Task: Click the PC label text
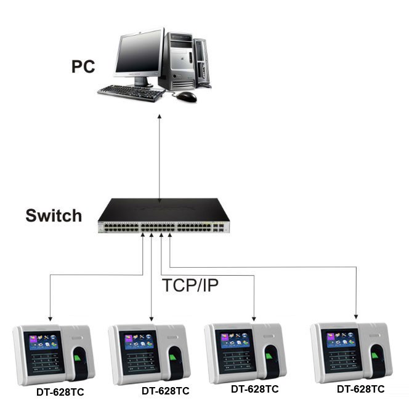[x=83, y=66]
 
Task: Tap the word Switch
[x=54, y=215]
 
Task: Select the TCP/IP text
[x=190, y=285]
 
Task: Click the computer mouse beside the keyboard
[x=186, y=97]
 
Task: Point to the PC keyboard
[x=131, y=93]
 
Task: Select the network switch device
[x=164, y=215]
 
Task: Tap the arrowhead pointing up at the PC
[x=160, y=116]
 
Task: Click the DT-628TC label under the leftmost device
[x=60, y=392]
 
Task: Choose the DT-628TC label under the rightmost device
[x=361, y=389]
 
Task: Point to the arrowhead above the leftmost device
[x=51, y=319]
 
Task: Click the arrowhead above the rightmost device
[x=356, y=317]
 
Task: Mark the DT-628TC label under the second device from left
[x=165, y=391]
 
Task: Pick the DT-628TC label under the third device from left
[x=255, y=389]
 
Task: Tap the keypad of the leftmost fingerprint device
[x=46, y=362]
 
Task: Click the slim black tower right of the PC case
[x=202, y=63]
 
